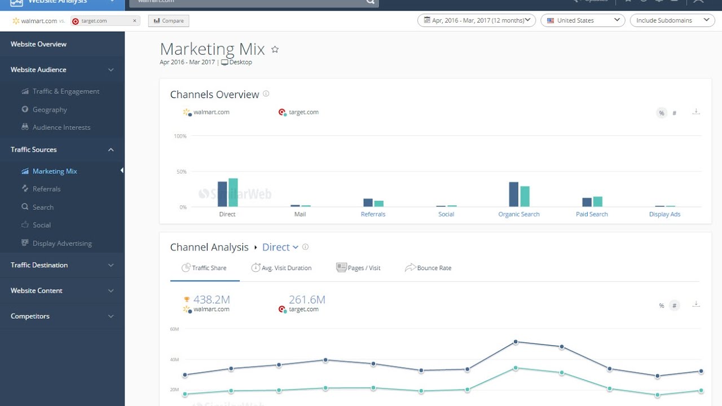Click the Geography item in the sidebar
coord(50,109)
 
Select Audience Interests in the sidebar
coord(61,127)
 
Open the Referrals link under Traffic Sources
coord(46,189)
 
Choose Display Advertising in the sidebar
coord(62,244)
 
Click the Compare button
coord(169,21)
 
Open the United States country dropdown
coord(583,20)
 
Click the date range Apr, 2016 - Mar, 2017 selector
coord(476,20)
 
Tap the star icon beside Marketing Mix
coord(275,50)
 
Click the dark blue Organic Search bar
coord(513,194)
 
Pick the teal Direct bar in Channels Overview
coord(233,192)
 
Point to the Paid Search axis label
coord(592,214)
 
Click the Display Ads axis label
coord(664,214)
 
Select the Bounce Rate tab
coord(434,268)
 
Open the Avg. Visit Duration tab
coord(286,268)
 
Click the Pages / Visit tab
coord(364,268)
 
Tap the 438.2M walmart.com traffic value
coord(212,299)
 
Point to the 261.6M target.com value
coord(307,299)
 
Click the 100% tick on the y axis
coord(180,136)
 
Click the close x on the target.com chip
coord(135,21)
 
